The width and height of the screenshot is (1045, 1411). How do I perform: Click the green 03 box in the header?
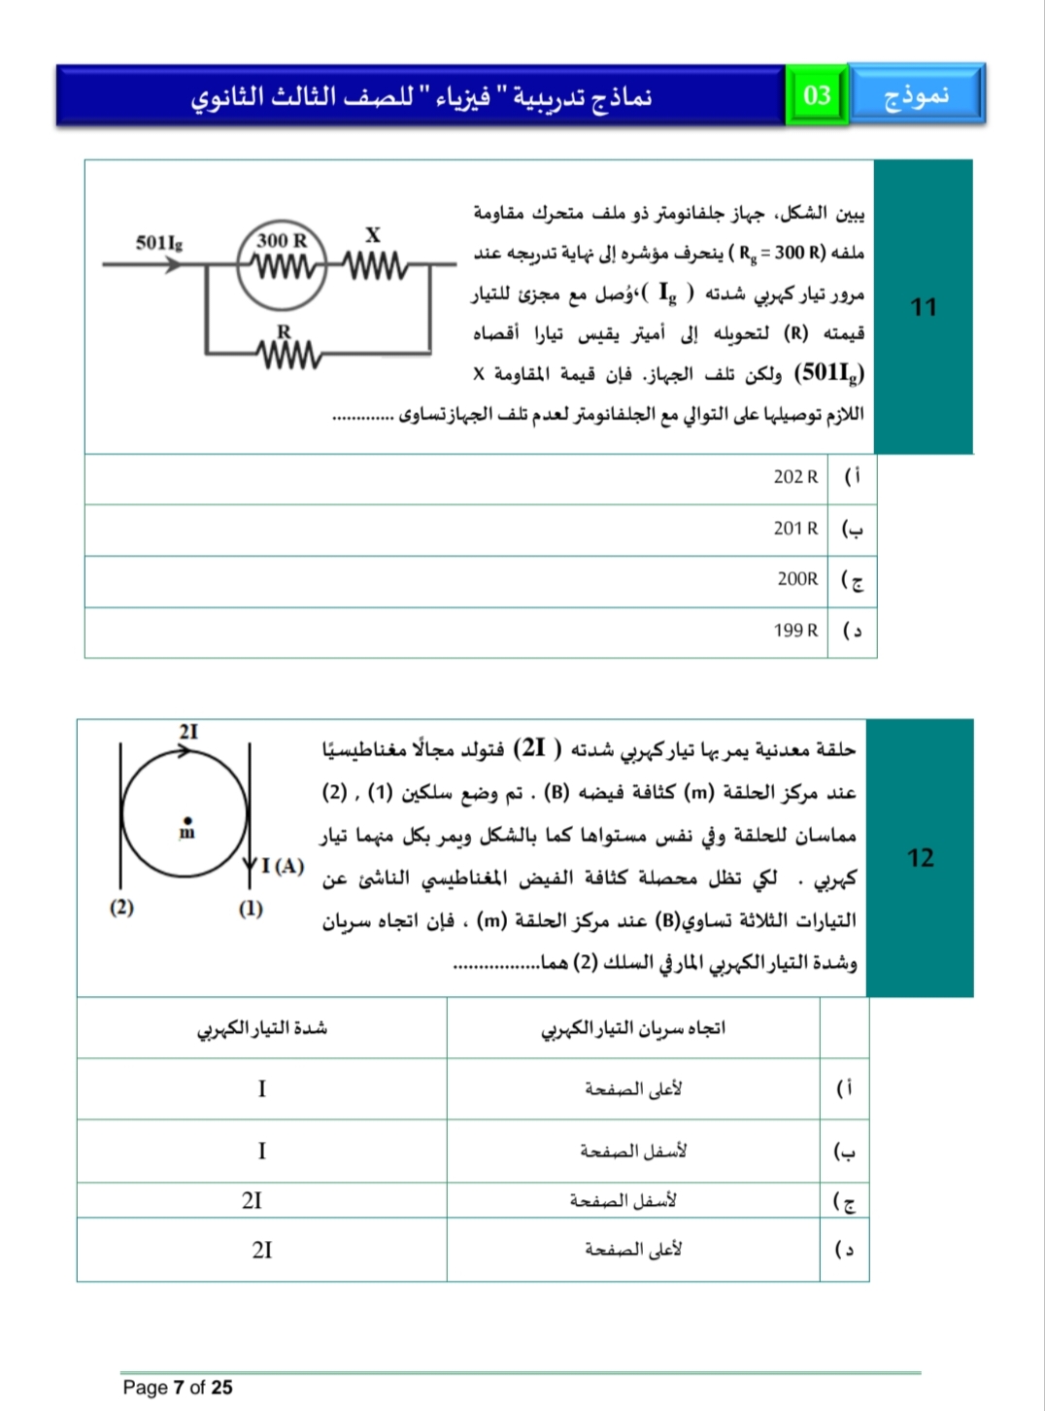tap(817, 95)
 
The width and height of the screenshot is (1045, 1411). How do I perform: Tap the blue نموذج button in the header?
tap(916, 94)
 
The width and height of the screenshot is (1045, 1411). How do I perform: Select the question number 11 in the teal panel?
tap(923, 307)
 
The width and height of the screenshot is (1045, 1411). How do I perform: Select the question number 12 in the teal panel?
tap(920, 857)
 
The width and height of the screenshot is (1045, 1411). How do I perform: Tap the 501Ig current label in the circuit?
tap(159, 242)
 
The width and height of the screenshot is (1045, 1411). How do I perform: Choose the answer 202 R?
tap(795, 477)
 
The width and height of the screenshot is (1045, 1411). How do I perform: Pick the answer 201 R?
tap(795, 529)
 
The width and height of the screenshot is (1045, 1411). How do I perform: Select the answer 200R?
tap(797, 579)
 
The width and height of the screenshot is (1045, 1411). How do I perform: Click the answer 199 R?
tap(795, 631)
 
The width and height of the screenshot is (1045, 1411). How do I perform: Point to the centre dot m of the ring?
tap(187, 820)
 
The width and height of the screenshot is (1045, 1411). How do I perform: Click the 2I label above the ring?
tap(188, 732)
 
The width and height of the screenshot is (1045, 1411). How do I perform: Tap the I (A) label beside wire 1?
tap(283, 865)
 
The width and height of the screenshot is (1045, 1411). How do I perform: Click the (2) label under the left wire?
tap(121, 908)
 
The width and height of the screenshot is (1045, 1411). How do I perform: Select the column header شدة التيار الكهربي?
tap(262, 1028)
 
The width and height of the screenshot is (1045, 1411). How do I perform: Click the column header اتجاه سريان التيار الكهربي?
tap(632, 1028)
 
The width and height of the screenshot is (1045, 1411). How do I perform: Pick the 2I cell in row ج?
tap(253, 1201)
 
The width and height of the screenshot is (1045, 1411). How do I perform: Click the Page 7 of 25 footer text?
tap(178, 1387)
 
